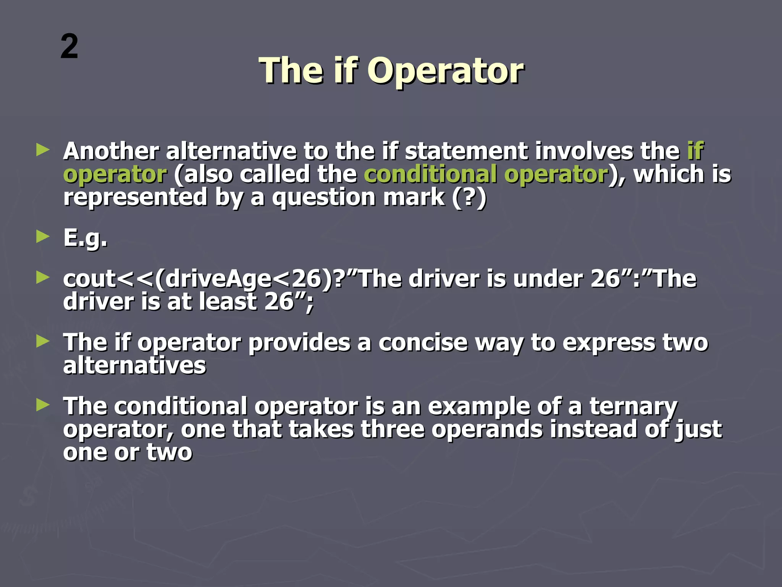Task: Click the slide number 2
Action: [x=69, y=47]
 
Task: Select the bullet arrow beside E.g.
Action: [x=43, y=237]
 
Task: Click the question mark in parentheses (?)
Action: [x=469, y=197]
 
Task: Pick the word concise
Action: [x=423, y=342]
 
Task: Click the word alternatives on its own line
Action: [x=134, y=365]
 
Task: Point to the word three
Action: [x=392, y=429]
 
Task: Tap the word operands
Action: [x=487, y=429]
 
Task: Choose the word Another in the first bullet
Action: [x=111, y=151]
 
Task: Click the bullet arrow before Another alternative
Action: [x=43, y=150]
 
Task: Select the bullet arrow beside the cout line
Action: [x=43, y=278]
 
